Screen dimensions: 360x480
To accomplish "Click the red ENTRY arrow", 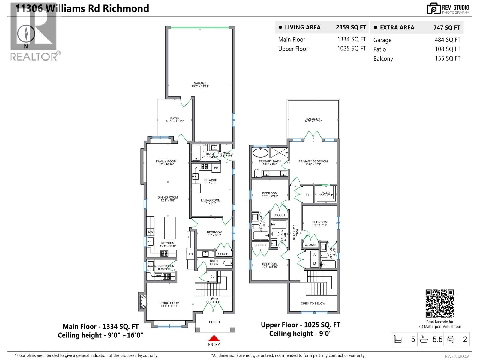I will (214, 338).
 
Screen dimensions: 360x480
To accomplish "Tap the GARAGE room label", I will (200, 83).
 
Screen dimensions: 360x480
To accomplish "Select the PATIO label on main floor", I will (175, 118).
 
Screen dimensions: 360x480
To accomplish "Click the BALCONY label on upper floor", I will (313, 119).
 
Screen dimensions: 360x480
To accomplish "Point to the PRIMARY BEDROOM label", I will (313, 161).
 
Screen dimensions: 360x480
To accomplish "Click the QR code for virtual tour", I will (439, 303).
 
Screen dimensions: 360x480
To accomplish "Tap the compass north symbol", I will (26, 34).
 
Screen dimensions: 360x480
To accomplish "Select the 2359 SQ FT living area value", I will (351, 27).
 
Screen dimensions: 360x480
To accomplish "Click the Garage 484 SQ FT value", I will (447, 40).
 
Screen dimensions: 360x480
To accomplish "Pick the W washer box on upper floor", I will (314, 255).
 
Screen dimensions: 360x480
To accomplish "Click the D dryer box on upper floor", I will (314, 263).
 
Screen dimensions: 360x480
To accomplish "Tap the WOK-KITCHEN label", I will (164, 266).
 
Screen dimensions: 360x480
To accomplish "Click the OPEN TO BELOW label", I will (313, 304).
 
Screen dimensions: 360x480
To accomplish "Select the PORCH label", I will (214, 322).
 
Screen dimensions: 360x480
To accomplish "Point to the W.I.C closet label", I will (326, 193).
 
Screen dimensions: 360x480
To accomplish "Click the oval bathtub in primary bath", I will (260, 153).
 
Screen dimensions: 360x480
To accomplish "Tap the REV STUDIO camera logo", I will (433, 9).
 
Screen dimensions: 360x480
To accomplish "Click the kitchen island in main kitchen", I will (170, 228).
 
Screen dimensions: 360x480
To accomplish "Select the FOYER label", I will (213, 299).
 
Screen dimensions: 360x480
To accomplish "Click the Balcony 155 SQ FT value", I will (447, 58).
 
